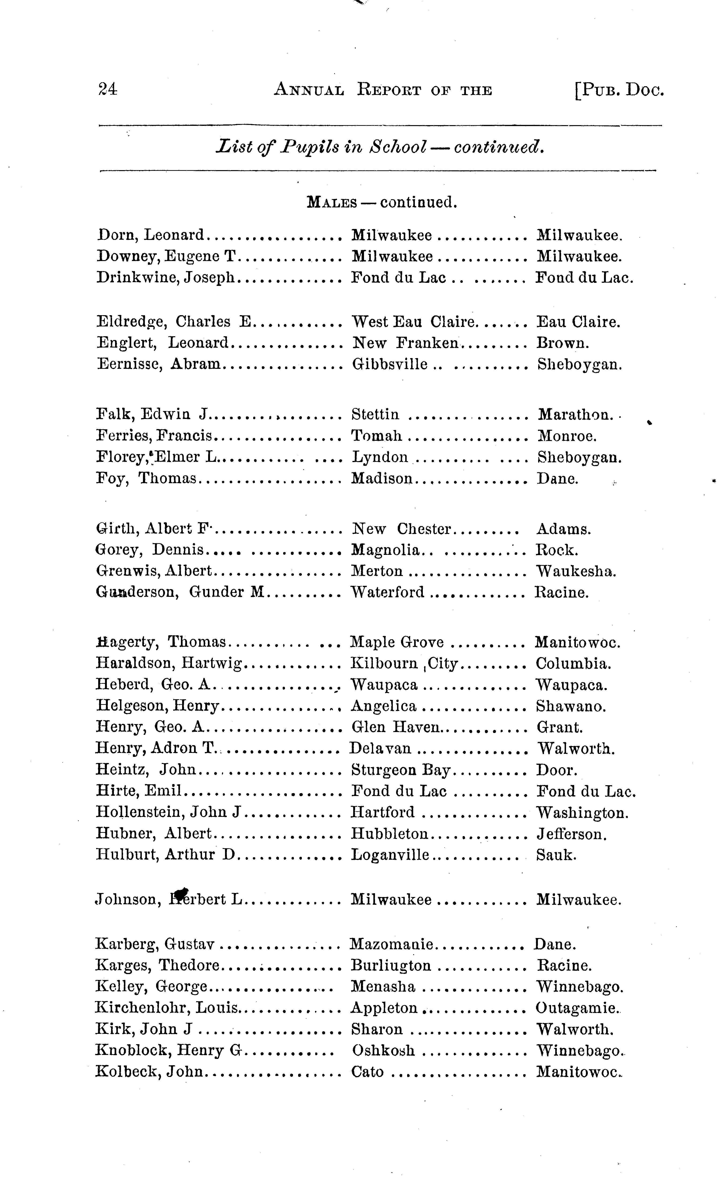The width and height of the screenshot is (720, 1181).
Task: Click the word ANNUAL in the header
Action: click(x=309, y=90)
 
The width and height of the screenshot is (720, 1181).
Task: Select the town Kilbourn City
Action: click(x=405, y=664)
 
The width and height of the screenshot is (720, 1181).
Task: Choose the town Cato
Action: click(x=367, y=1072)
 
